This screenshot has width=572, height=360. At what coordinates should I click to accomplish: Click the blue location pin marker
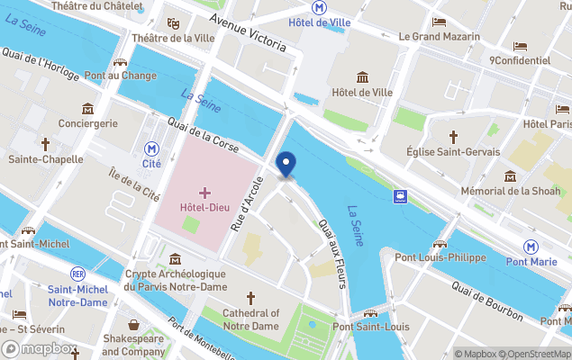click(x=286, y=165)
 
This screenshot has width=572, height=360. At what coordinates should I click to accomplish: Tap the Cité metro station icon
click(x=152, y=148)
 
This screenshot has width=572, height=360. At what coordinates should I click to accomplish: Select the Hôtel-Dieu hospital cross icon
click(x=204, y=193)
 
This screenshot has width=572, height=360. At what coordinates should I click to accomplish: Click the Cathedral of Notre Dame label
click(x=250, y=319)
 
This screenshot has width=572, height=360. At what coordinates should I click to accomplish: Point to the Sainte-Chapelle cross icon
click(x=45, y=143)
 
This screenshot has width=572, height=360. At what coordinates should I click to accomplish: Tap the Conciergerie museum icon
click(x=88, y=108)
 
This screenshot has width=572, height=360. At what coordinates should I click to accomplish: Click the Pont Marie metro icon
click(x=531, y=247)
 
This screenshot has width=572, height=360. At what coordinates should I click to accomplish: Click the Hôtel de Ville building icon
click(x=363, y=77)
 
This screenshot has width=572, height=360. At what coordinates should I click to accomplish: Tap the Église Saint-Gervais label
click(x=452, y=152)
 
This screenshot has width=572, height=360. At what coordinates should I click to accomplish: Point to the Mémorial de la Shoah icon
click(x=511, y=175)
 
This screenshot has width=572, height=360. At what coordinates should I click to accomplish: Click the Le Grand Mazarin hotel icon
click(x=439, y=22)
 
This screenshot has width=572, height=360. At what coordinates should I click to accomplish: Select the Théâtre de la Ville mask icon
click(x=173, y=22)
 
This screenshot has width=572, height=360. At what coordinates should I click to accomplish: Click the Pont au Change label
click(x=121, y=76)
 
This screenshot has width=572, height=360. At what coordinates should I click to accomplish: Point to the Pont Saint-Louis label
click(x=370, y=327)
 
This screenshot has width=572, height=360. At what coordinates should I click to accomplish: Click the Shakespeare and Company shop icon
click(x=134, y=325)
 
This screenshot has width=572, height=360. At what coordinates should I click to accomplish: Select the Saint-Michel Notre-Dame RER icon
click(x=78, y=274)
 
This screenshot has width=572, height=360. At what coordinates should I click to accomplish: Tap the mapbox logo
click(x=40, y=348)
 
